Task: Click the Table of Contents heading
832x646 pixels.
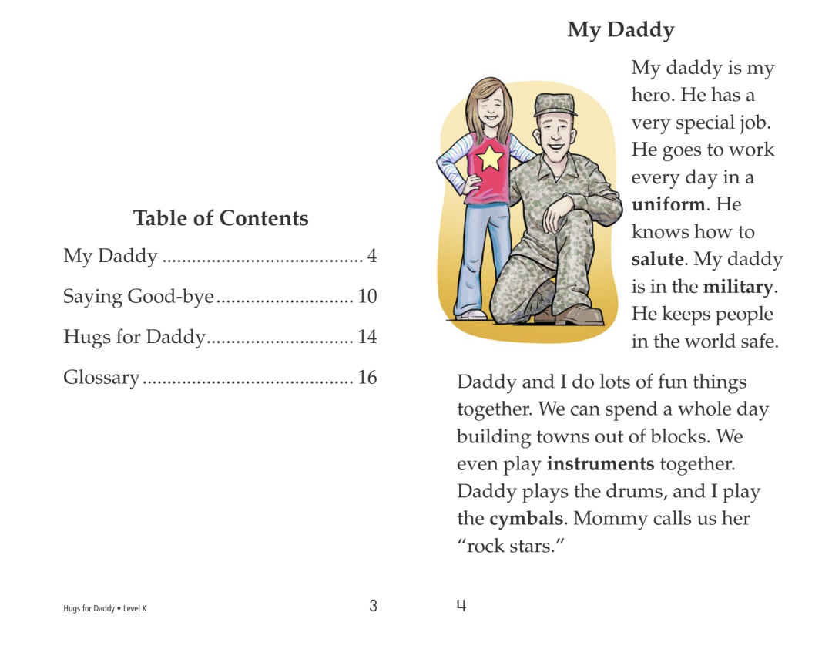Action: [220, 218]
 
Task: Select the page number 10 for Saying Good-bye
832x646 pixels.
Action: [367, 297]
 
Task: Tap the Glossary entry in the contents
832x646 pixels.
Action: [102, 378]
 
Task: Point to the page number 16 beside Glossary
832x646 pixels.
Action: [367, 378]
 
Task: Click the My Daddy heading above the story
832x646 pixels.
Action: [620, 30]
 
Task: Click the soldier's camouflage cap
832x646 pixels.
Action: [555, 103]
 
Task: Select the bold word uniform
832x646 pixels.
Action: [668, 205]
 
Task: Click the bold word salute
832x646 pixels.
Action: [657, 260]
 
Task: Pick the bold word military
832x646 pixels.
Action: [737, 288]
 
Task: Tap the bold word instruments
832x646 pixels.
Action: [600, 464]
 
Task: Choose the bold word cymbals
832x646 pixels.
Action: [525, 519]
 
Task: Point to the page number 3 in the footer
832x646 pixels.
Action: [373, 606]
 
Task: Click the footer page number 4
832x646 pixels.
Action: [461, 606]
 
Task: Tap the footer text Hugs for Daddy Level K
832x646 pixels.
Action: [105, 609]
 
